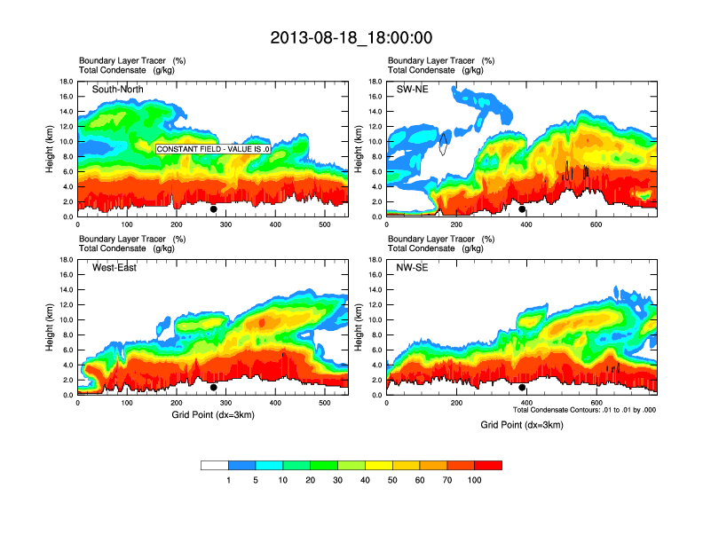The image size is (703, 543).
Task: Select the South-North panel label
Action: tap(119, 89)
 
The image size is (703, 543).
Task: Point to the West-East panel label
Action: tap(115, 268)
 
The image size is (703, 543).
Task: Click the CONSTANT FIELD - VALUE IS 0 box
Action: tap(213, 149)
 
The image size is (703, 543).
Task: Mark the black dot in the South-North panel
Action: tap(213, 209)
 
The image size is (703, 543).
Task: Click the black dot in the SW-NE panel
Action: tap(522, 209)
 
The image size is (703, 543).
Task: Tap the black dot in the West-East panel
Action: tap(213, 388)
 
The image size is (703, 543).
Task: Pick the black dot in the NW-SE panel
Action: tap(522, 388)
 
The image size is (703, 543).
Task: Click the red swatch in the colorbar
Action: tap(488, 465)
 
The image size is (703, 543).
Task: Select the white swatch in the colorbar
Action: tap(215, 465)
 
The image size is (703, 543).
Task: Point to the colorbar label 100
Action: tap(475, 480)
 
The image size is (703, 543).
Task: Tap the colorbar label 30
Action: tap(338, 480)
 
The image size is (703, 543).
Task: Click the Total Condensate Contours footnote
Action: tap(584, 410)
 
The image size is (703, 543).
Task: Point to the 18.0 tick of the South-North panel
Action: tap(66, 83)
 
